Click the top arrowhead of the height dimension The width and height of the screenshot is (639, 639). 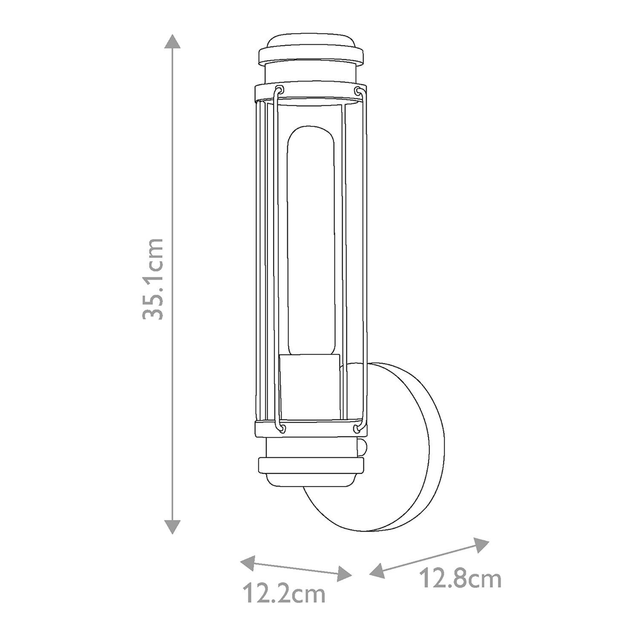pyautogui.click(x=172, y=42)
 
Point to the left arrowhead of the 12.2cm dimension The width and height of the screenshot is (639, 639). pyautogui.click(x=248, y=562)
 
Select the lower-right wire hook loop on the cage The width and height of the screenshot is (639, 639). pyautogui.click(x=358, y=427)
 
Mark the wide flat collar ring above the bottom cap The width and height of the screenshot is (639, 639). pyautogui.click(x=311, y=466)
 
